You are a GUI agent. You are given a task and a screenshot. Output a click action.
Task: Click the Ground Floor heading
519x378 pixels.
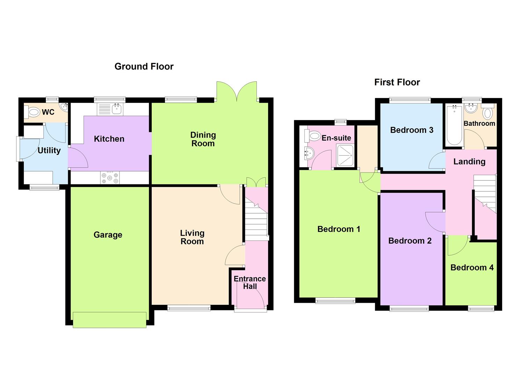click(144, 66)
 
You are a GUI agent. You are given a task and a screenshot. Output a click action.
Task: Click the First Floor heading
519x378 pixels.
click(397, 82)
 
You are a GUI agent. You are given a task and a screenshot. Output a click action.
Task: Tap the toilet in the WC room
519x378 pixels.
click(33, 112)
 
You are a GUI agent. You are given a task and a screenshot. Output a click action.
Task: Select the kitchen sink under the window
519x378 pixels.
click(116, 109)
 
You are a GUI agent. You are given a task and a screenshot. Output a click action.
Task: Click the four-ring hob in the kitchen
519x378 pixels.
click(110, 177)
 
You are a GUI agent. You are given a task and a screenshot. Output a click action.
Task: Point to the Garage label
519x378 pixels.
click(108, 235)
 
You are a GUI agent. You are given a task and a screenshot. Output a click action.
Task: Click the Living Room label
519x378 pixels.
click(192, 237)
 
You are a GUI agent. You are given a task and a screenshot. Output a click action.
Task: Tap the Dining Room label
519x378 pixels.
click(203, 139)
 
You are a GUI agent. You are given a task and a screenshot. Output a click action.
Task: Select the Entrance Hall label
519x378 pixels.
click(250, 282)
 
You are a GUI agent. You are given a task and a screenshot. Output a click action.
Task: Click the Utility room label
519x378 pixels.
click(49, 150)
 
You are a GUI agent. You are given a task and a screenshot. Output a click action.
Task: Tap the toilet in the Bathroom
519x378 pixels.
click(488, 113)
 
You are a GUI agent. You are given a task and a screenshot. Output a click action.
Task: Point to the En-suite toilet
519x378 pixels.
click(313, 135)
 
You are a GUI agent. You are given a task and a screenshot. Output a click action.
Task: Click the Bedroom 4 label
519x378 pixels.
click(472, 268)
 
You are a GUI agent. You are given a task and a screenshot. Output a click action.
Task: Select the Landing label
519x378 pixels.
click(469, 161)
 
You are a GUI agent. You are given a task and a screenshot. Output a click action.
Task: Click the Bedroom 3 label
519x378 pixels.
click(412, 130)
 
